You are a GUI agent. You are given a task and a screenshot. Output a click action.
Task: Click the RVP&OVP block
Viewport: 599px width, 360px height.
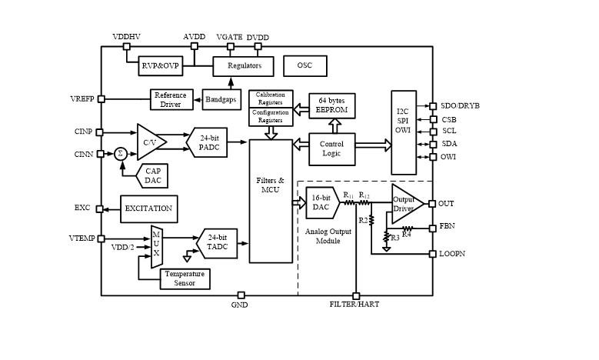pos(159,66)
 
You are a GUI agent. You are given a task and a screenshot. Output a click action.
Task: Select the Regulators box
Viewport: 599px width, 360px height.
pos(244,66)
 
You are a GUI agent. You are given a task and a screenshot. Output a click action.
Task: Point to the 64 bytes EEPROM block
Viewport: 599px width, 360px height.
pos(333,106)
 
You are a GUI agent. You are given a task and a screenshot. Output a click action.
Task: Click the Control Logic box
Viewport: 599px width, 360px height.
pos(332,148)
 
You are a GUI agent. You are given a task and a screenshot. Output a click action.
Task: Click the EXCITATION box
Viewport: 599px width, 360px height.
pos(148,208)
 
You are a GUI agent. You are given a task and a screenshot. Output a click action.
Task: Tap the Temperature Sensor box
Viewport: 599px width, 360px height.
pos(185,278)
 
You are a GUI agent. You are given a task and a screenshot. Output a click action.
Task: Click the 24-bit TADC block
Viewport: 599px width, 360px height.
pos(218,244)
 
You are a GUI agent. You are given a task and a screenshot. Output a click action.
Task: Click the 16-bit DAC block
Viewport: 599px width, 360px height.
pos(321,203)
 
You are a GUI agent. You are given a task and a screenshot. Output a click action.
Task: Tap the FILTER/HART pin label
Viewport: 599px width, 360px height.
pos(355,305)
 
